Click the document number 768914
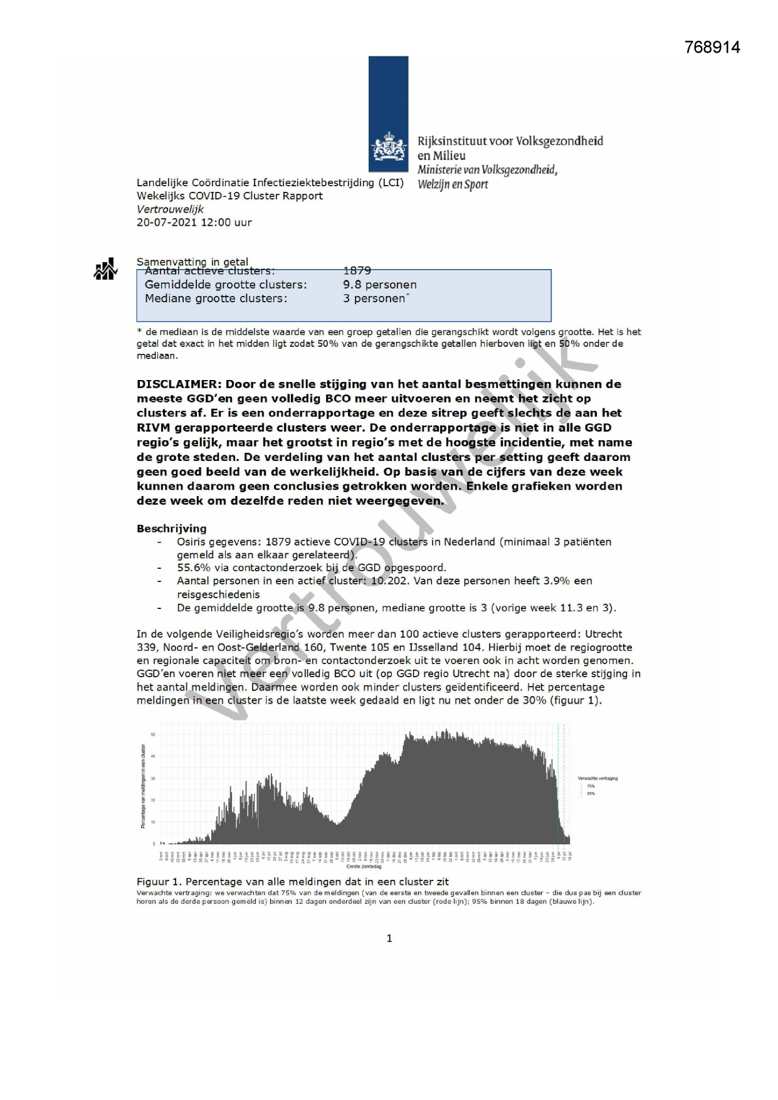tap(712, 47)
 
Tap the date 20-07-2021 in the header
tap(166, 222)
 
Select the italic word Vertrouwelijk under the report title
tap(170, 209)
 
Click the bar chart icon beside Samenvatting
tap(105, 269)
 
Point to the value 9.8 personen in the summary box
tap(379, 285)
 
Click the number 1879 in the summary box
tap(357, 271)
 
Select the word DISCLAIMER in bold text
tap(178, 384)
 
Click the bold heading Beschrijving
tap(171, 528)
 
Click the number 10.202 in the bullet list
tap(386, 581)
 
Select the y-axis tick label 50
tap(153, 734)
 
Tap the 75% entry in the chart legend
tap(591, 786)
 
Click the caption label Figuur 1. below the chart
tap(159, 882)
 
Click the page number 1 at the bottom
tap(389, 938)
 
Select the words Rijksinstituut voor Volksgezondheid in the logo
tap(510, 141)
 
